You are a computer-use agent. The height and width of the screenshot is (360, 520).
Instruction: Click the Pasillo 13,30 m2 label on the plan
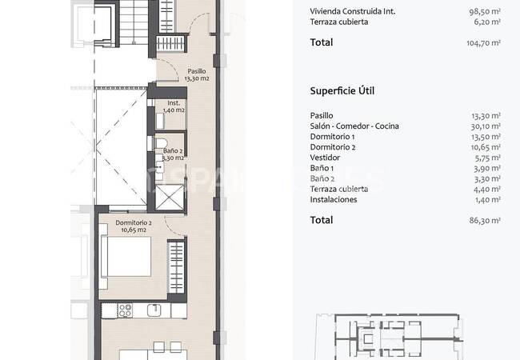coord(197,75)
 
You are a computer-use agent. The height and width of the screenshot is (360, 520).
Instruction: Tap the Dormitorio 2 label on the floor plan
coord(134,226)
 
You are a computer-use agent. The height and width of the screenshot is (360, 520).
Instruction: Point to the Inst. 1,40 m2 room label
coord(174,106)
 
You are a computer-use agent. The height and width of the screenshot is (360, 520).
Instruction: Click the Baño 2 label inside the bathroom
coord(173,154)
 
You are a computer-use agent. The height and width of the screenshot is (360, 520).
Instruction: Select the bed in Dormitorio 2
coord(126,256)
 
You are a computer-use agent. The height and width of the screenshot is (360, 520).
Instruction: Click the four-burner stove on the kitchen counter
coord(126,311)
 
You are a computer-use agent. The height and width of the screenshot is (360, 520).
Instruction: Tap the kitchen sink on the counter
coord(154,310)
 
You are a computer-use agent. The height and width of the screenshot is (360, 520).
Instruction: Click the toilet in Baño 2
coord(161,143)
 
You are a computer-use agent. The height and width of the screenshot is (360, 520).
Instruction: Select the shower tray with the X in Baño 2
coord(170,198)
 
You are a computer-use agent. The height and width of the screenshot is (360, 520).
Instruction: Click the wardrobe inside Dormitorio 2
coord(176,267)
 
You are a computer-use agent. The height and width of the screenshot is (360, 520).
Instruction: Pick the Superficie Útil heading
coord(342,91)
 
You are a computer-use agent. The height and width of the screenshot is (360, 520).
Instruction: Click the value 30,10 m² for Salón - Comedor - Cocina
coord(486,126)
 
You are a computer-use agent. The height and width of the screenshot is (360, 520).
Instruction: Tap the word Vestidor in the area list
coord(325,158)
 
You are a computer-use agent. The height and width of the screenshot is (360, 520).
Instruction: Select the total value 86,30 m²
coord(485,220)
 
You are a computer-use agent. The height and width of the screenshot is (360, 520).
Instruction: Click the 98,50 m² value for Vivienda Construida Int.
coord(485,11)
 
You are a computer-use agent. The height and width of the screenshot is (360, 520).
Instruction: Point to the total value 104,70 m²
coord(483,42)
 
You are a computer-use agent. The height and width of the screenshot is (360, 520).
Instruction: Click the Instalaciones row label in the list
coord(334,199)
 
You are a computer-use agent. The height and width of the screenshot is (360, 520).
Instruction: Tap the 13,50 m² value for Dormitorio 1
coord(486,137)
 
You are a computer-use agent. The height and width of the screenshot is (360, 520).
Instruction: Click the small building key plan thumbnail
coord(389,336)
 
